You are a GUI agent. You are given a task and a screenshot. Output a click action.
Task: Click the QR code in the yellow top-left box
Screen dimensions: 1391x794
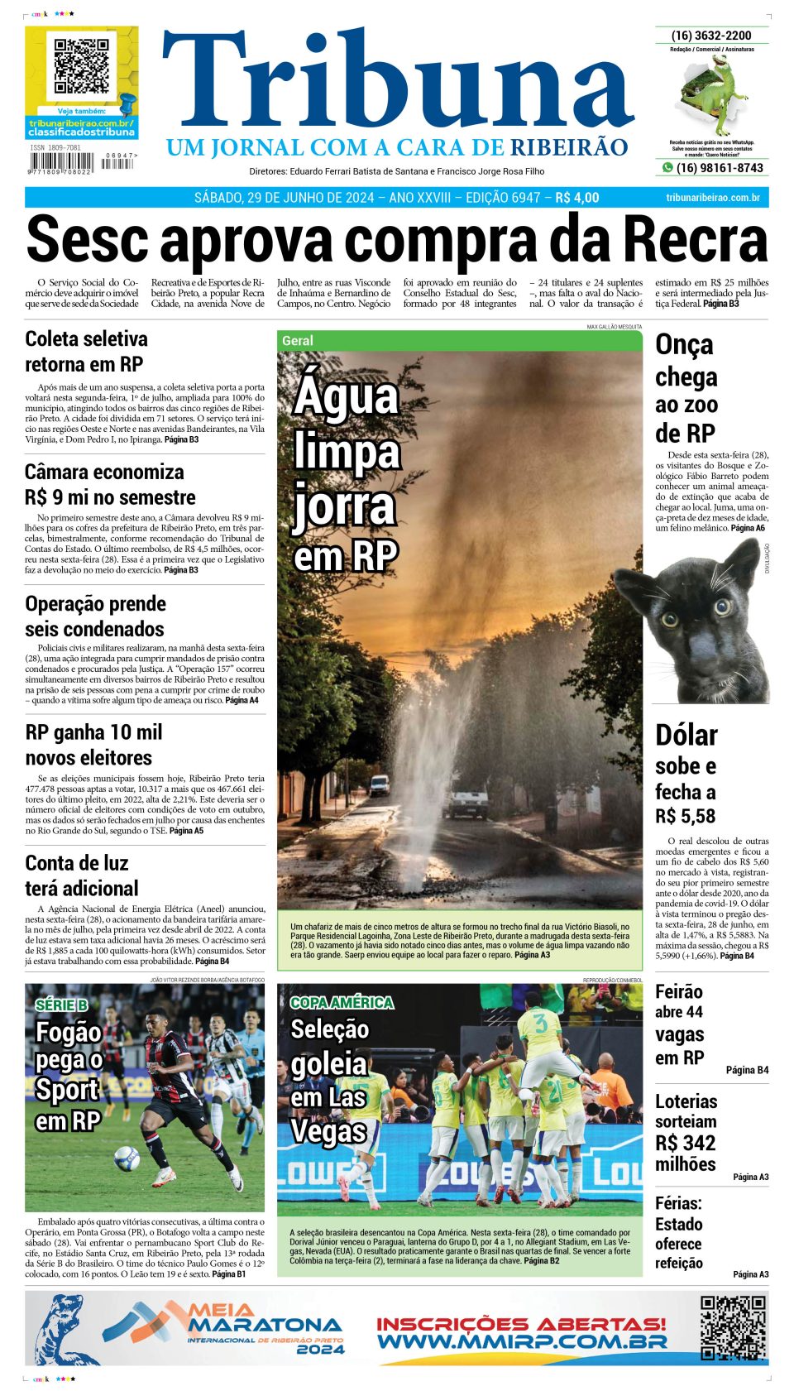pyautogui.click(x=81, y=65)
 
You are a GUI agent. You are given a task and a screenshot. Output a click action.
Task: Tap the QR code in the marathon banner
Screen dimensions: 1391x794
pyautogui.click(x=733, y=1327)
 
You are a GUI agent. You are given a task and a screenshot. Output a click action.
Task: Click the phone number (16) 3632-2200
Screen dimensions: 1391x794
pyautogui.click(x=711, y=36)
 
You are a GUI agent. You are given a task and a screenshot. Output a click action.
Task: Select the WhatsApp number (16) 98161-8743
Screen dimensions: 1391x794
pyautogui.click(x=719, y=168)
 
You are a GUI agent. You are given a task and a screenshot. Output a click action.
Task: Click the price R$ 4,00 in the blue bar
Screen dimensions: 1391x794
pyautogui.click(x=577, y=198)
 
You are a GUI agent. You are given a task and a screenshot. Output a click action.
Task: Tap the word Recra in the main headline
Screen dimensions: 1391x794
pyautogui.click(x=694, y=240)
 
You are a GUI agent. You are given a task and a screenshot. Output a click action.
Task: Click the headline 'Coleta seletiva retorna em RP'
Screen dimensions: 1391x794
pyautogui.click(x=86, y=352)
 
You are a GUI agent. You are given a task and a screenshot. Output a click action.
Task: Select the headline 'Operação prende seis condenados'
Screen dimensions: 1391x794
pyautogui.click(x=95, y=616)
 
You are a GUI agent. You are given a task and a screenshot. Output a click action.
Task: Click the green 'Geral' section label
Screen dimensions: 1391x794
pyautogui.click(x=298, y=341)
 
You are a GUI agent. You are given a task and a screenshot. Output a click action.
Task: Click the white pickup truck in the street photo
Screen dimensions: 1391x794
pyautogui.click(x=469, y=800)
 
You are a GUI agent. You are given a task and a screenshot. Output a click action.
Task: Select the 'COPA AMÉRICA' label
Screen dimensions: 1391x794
pyautogui.click(x=342, y=1003)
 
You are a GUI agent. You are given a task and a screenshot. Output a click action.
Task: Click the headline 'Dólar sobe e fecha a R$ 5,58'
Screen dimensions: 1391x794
pyautogui.click(x=686, y=775)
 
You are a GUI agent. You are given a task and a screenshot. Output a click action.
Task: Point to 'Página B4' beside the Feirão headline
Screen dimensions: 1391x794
pyautogui.click(x=747, y=1070)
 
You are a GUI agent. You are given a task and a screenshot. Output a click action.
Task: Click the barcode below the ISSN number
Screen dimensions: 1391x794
pyautogui.click(x=65, y=163)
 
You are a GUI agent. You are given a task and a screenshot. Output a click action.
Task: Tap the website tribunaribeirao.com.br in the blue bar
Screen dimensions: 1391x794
pyautogui.click(x=712, y=198)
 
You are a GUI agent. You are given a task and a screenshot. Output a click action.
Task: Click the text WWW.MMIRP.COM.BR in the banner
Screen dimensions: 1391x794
pyautogui.click(x=521, y=1341)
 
